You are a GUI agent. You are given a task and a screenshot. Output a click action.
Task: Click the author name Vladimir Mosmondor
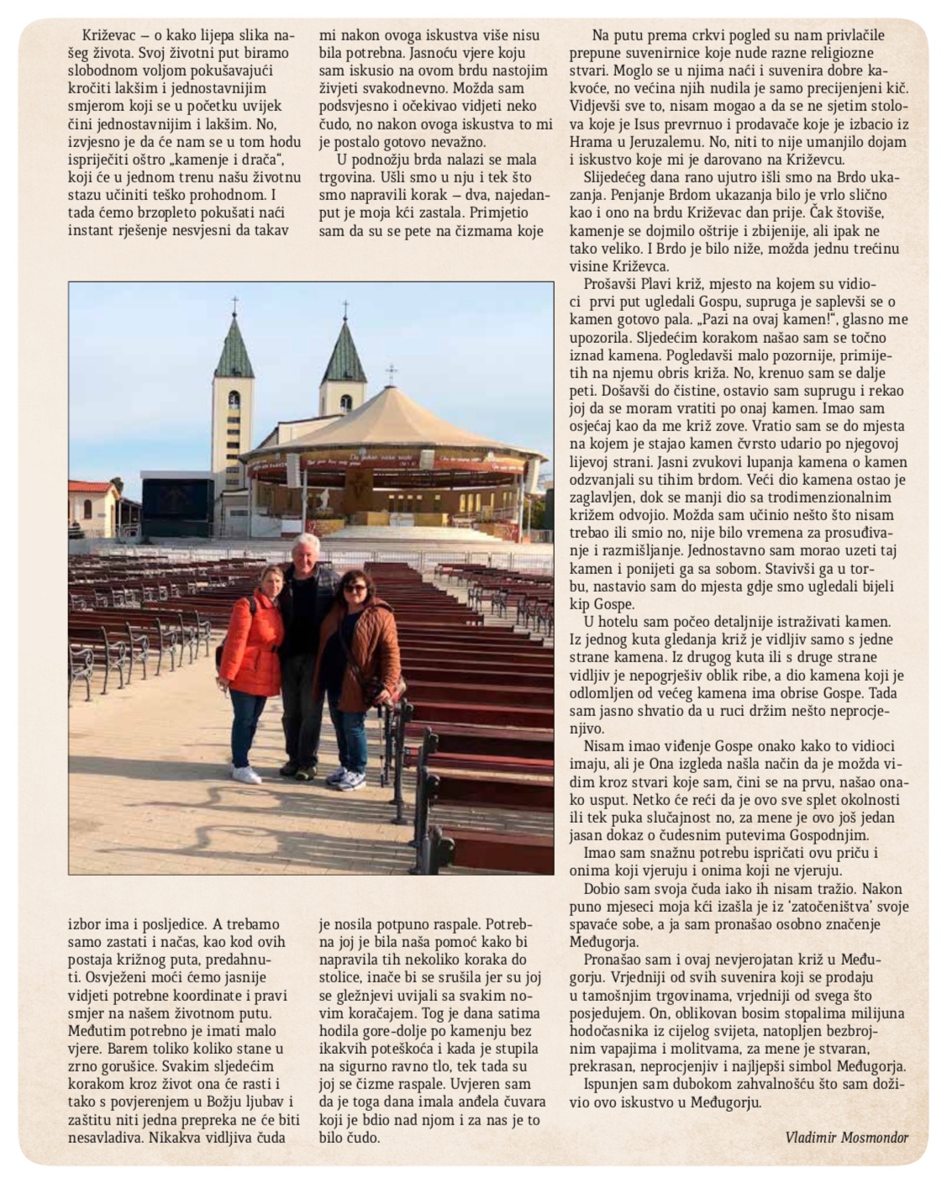845,1138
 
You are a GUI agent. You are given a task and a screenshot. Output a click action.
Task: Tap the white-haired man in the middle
304,622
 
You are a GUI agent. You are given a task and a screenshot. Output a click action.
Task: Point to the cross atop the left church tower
234,303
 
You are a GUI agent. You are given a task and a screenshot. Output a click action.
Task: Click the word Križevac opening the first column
104,35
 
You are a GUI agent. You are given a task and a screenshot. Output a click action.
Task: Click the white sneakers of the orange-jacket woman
245,774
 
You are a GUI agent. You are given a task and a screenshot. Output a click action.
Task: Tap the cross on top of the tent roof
390,373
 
